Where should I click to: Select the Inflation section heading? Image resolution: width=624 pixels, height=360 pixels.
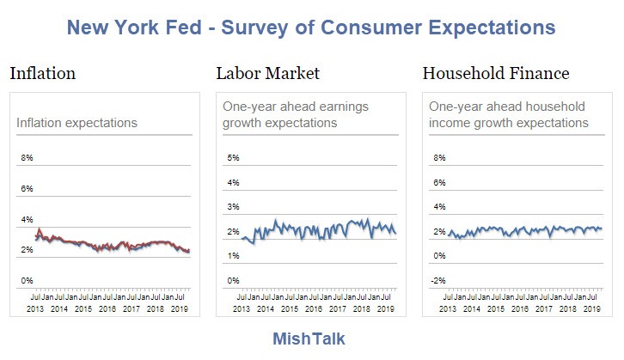[x=42, y=74]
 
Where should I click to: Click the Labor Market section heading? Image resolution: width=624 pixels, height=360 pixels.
[x=267, y=74]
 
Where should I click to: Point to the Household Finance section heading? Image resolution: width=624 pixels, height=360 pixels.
[x=496, y=74]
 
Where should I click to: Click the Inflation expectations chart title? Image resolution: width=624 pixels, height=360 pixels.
[x=76, y=123]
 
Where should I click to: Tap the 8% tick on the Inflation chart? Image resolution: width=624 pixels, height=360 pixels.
[x=27, y=158]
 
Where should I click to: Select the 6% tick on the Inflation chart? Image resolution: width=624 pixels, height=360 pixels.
[x=27, y=189]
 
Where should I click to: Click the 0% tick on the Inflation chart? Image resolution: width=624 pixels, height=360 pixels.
[x=27, y=280]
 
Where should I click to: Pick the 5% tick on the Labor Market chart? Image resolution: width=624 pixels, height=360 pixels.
[x=233, y=158]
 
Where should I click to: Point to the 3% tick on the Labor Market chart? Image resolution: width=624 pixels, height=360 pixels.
[x=233, y=207]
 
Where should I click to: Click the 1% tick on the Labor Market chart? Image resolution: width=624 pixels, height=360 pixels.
[x=233, y=256]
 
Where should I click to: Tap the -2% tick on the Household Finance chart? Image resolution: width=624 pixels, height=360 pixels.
[x=438, y=280]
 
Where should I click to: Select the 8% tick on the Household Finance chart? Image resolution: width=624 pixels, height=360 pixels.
[x=439, y=158]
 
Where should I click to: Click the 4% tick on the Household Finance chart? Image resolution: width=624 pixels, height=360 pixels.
[x=439, y=207]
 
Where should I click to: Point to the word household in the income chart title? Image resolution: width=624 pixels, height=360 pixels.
[x=551, y=107]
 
